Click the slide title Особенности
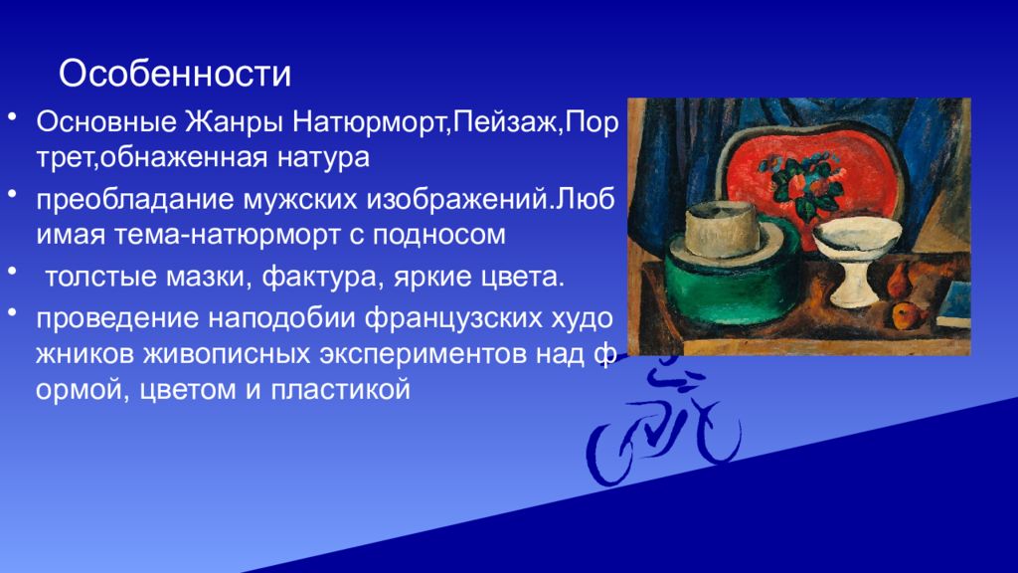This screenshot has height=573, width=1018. (x=175, y=74)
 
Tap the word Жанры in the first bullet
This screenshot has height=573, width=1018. (x=234, y=122)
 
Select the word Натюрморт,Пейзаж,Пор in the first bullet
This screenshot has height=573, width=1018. (x=454, y=122)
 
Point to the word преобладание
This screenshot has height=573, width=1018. (x=135, y=199)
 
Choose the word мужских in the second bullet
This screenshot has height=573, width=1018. (x=300, y=199)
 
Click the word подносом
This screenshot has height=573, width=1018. (x=438, y=235)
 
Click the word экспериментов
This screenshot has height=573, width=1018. (x=423, y=355)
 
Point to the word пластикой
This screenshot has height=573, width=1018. (x=340, y=390)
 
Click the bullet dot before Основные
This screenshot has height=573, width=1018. (x=12, y=118)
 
